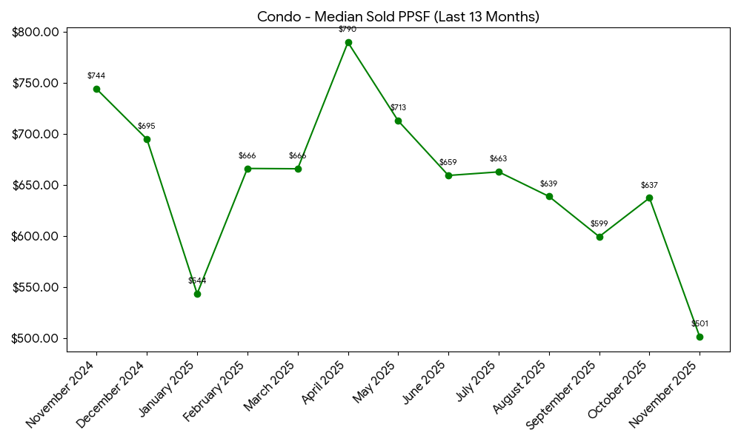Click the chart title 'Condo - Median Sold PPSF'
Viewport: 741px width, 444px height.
tap(398, 16)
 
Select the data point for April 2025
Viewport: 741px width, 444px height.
tap(348, 42)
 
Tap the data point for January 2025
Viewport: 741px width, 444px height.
tap(197, 294)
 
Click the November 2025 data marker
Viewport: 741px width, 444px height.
tap(700, 337)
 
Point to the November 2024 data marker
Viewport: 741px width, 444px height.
tap(96, 89)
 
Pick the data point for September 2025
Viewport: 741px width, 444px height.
tap(599, 237)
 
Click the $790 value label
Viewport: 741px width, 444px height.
tap(348, 29)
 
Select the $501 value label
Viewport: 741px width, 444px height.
tap(700, 323)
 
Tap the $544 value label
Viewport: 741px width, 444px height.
tap(197, 280)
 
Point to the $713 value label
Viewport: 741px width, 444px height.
tap(398, 107)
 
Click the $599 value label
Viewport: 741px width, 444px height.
tap(599, 223)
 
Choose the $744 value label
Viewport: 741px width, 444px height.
tap(96, 75)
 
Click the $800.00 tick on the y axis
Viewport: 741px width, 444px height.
tap(36, 32)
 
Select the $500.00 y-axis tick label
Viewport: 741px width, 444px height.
tap(36, 338)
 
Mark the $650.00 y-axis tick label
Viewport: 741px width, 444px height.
tap(36, 185)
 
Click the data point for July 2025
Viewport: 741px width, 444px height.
tap(499, 172)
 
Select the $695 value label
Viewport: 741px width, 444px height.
tap(147, 126)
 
